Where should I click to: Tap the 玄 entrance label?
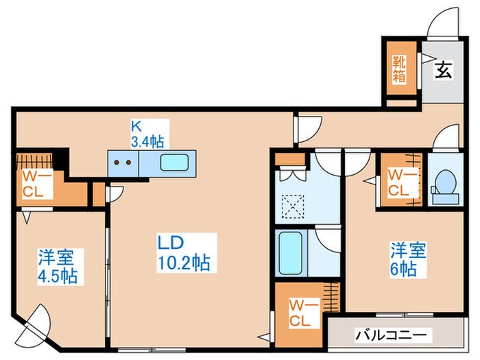[443, 70]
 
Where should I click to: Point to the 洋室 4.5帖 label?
[58, 266]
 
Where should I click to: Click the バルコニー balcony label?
[393, 336]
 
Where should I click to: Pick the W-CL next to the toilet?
[398, 182]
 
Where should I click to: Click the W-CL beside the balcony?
[300, 312]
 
